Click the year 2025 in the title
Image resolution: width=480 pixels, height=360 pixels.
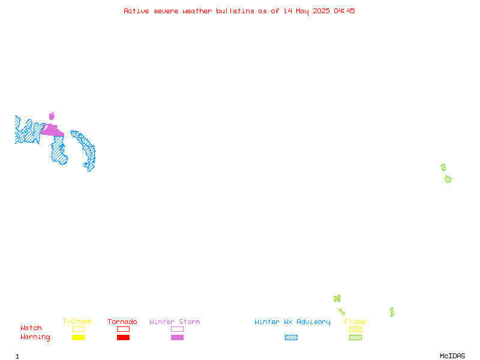pos(321,11)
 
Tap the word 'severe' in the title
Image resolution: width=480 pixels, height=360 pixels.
pos(166,11)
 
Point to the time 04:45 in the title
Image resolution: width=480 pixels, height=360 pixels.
pos(344,11)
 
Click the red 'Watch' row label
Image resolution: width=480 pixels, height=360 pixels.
pos(31,328)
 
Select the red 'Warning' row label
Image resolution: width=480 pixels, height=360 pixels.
pos(35,337)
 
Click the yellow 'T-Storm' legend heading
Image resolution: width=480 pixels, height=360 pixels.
pos(77,322)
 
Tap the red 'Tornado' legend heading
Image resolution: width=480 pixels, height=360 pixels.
pos(122,322)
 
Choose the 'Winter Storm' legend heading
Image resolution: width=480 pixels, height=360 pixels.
pos(175,322)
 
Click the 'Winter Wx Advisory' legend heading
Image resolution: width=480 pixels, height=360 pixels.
pos(292,322)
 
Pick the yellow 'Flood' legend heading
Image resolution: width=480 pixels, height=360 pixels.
pos(355,322)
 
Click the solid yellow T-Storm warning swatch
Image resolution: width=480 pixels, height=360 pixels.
pos(79,337)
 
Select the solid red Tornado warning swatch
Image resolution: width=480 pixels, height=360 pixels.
pos(124,337)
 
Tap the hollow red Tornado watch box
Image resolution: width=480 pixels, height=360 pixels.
pos(124,326)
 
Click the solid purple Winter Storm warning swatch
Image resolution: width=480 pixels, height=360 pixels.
pos(177,337)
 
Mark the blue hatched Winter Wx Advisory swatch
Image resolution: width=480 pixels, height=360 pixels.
pos(291,337)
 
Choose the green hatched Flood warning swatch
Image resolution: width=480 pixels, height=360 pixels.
pos(355,337)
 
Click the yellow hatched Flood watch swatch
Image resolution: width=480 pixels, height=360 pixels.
pos(355,329)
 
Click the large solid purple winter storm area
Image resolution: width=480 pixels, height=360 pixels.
pos(53,131)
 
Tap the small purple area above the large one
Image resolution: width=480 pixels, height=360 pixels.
pos(52,116)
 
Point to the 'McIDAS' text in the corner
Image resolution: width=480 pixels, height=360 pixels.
pos(452,356)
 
